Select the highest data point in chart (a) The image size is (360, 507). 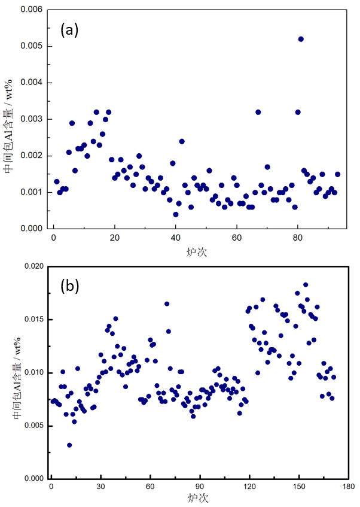[x=301, y=39]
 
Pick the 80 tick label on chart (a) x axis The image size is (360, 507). [x=298, y=238]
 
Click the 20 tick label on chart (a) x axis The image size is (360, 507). [x=115, y=238]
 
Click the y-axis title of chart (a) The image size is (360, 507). [x=8, y=139]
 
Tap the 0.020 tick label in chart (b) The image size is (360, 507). [x=30, y=266]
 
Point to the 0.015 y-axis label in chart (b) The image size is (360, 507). [x=30, y=320]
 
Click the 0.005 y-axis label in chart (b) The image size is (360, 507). [x=30, y=426]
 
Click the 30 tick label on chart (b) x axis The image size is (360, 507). [x=100, y=488]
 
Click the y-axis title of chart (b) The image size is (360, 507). [x=8, y=389]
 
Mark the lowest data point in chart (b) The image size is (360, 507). [x=69, y=445]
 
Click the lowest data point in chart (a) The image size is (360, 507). [x=176, y=214]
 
